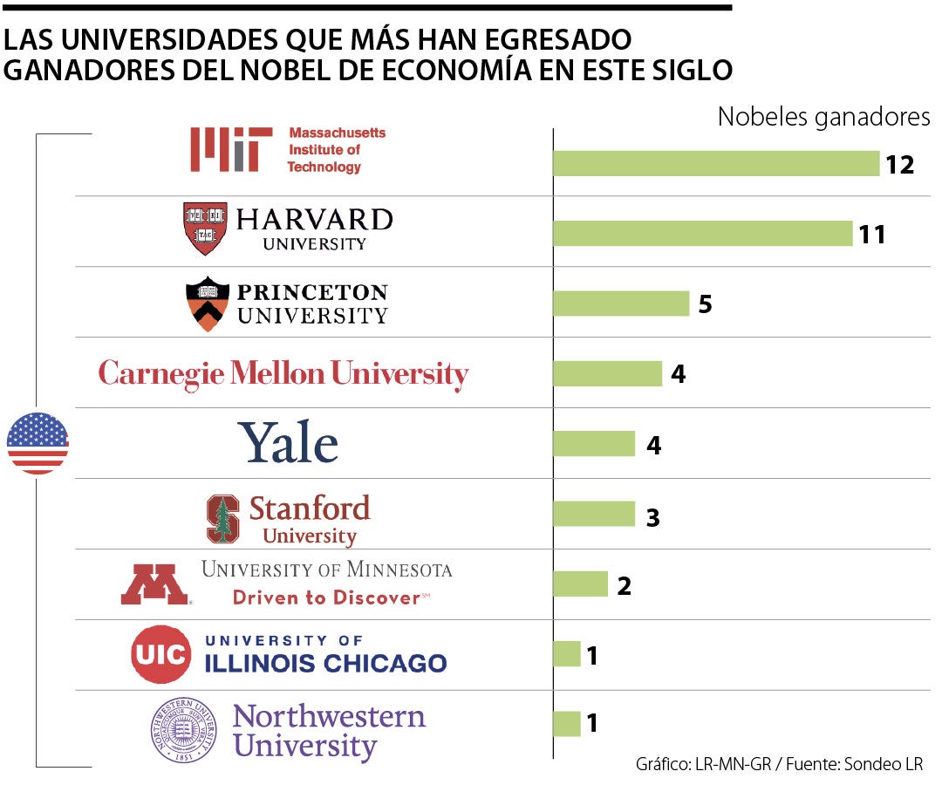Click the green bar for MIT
[x=715, y=163]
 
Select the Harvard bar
[x=702, y=234]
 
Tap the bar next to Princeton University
[x=621, y=304]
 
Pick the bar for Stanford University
[x=593, y=515]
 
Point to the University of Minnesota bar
[x=580, y=584]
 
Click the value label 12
[x=899, y=164]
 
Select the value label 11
[x=870, y=234]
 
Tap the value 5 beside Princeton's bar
[x=705, y=304]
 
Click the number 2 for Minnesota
[x=624, y=585]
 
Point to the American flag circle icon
[x=38, y=444]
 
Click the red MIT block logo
[x=225, y=149]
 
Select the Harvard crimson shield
[x=205, y=229]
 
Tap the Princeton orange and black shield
[x=208, y=304]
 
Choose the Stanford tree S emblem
[x=222, y=519]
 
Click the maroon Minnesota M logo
[x=154, y=584]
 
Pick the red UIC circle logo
[x=161, y=654]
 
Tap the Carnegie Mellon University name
[x=283, y=374]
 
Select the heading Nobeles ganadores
[x=823, y=117]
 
